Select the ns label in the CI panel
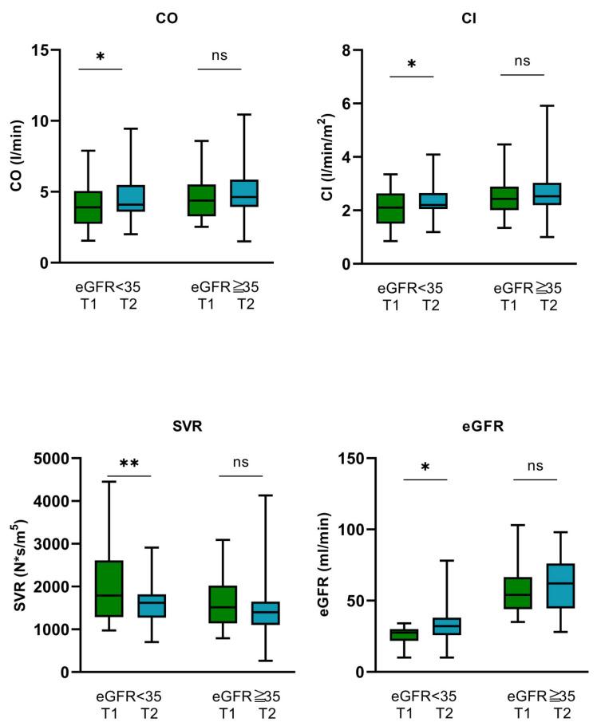tap(522, 59)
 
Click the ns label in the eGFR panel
tap(534, 464)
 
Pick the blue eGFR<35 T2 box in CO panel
tap(130, 210)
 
